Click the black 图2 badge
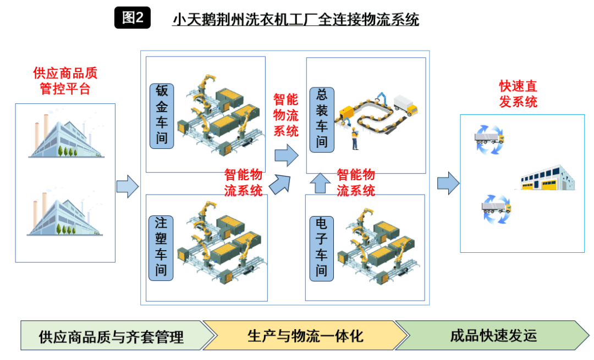point(133,18)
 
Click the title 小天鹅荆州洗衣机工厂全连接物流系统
point(295,20)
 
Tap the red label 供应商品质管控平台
point(65,81)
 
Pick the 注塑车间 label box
point(162,247)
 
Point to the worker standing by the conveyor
point(355,140)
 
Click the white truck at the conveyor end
point(405,106)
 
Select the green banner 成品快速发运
point(492,335)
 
